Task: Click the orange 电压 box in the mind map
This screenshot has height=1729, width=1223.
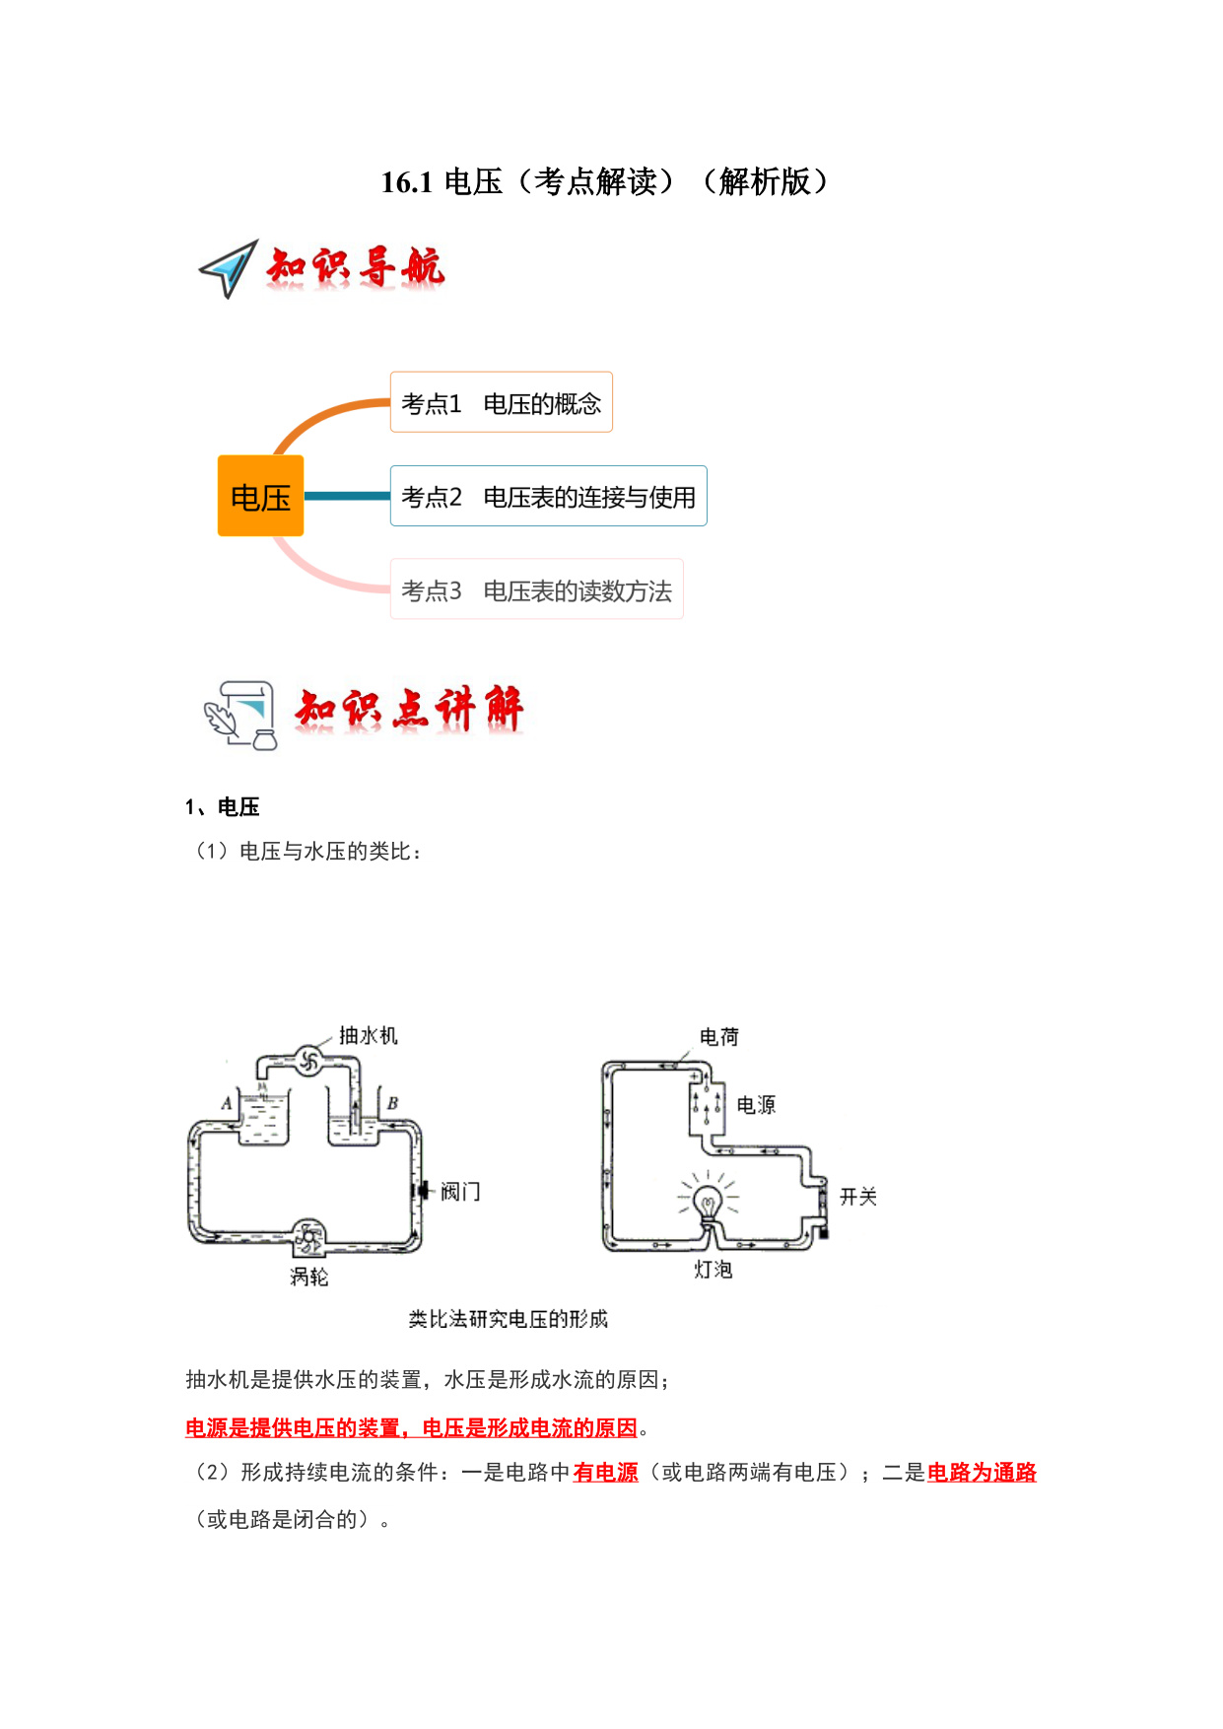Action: pos(260,496)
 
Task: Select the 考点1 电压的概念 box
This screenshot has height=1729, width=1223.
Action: pos(501,402)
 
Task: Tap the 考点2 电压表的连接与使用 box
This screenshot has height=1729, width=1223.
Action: pos(548,496)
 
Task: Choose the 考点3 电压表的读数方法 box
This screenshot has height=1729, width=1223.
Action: pos(536,589)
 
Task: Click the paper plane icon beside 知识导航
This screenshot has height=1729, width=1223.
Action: pos(229,268)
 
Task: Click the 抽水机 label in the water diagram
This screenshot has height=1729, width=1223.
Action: pos(369,1035)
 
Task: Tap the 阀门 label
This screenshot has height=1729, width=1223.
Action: pos(460,1192)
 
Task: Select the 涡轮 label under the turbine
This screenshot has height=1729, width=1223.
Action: pos(308,1277)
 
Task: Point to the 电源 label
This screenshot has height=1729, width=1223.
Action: pos(756,1105)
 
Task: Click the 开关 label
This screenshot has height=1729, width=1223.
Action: pos(858,1197)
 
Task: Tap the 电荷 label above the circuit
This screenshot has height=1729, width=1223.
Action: pos(719,1037)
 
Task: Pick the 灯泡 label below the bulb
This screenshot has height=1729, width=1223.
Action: pos(713,1270)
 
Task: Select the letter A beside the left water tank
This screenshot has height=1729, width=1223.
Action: pos(227,1103)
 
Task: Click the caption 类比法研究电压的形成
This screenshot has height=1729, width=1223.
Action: pos(509,1319)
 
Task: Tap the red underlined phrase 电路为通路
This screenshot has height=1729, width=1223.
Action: pos(982,1473)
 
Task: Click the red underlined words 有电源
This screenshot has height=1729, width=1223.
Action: pos(605,1473)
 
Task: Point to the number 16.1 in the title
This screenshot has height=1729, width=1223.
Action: pos(407,182)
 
